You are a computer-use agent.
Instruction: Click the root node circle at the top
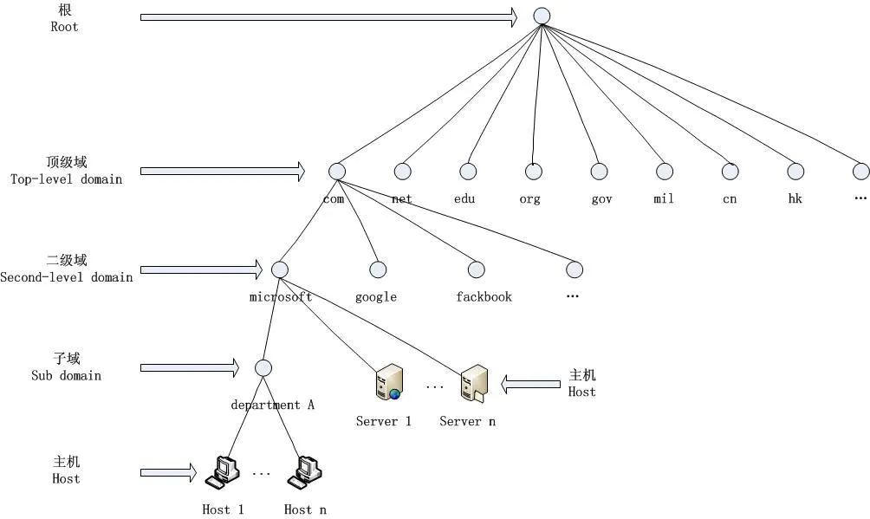(542, 16)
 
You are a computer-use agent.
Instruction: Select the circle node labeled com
(337, 172)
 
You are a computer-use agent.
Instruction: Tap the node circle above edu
(468, 172)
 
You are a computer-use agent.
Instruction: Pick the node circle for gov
(599, 172)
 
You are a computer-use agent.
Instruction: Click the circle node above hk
(795, 172)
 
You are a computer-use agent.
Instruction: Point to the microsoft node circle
(279, 269)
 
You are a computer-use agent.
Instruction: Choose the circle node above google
(377, 269)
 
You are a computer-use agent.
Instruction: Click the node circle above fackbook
(475, 269)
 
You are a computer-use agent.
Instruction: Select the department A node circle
(263, 368)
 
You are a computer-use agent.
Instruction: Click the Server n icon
(473, 383)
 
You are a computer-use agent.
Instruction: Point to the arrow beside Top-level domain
(223, 172)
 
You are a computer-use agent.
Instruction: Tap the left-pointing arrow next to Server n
(531, 383)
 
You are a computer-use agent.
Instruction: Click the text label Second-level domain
(67, 277)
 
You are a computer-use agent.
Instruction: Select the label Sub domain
(67, 376)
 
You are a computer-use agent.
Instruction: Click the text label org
(529, 199)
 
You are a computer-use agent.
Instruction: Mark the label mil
(664, 199)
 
